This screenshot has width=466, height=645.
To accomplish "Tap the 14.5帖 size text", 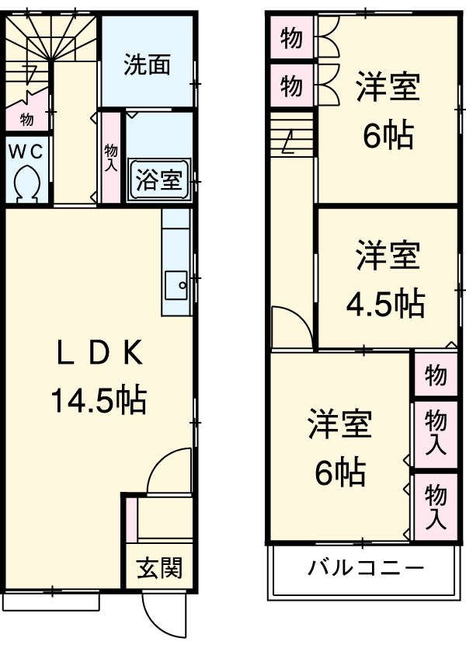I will [99, 400].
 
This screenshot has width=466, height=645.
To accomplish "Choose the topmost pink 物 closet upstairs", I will [291, 39].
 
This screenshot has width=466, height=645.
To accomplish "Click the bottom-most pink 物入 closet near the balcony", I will [435, 505].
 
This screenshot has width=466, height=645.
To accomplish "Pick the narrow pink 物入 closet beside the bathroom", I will [111, 158].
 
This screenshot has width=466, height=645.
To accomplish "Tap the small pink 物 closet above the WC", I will [26, 120].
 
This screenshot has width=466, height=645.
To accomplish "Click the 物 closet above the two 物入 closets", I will [435, 376].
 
